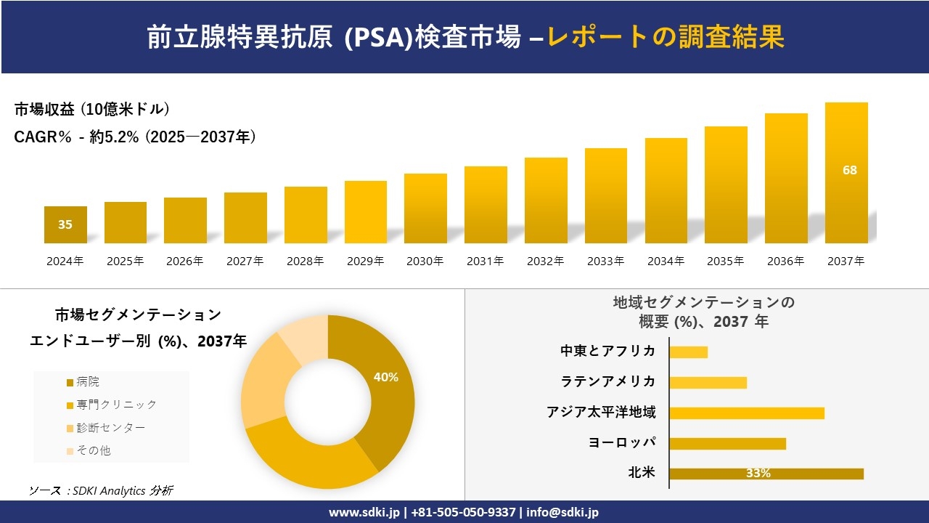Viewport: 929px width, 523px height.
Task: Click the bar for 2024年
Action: click(x=65, y=224)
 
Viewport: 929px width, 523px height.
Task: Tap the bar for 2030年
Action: click(x=425, y=208)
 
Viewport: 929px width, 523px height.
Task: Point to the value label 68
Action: click(x=849, y=170)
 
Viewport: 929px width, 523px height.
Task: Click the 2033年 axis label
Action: click(x=605, y=261)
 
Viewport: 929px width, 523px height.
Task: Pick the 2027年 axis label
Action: click(x=245, y=261)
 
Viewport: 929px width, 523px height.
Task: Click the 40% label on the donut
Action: click(x=385, y=377)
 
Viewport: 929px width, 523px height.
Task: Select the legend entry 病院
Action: click(x=87, y=382)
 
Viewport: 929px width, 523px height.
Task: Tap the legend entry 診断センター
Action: click(x=105, y=428)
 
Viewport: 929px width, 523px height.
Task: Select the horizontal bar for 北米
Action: click(x=766, y=474)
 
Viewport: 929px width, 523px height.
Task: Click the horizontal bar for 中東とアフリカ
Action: click(x=688, y=352)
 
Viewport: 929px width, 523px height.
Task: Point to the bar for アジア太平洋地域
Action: click(x=747, y=413)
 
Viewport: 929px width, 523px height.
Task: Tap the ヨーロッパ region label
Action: click(x=622, y=443)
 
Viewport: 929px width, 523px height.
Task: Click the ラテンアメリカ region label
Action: click(x=607, y=382)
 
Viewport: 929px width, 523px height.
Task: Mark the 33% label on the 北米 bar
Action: click(x=758, y=474)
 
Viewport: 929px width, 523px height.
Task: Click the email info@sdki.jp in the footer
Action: click(x=562, y=512)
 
